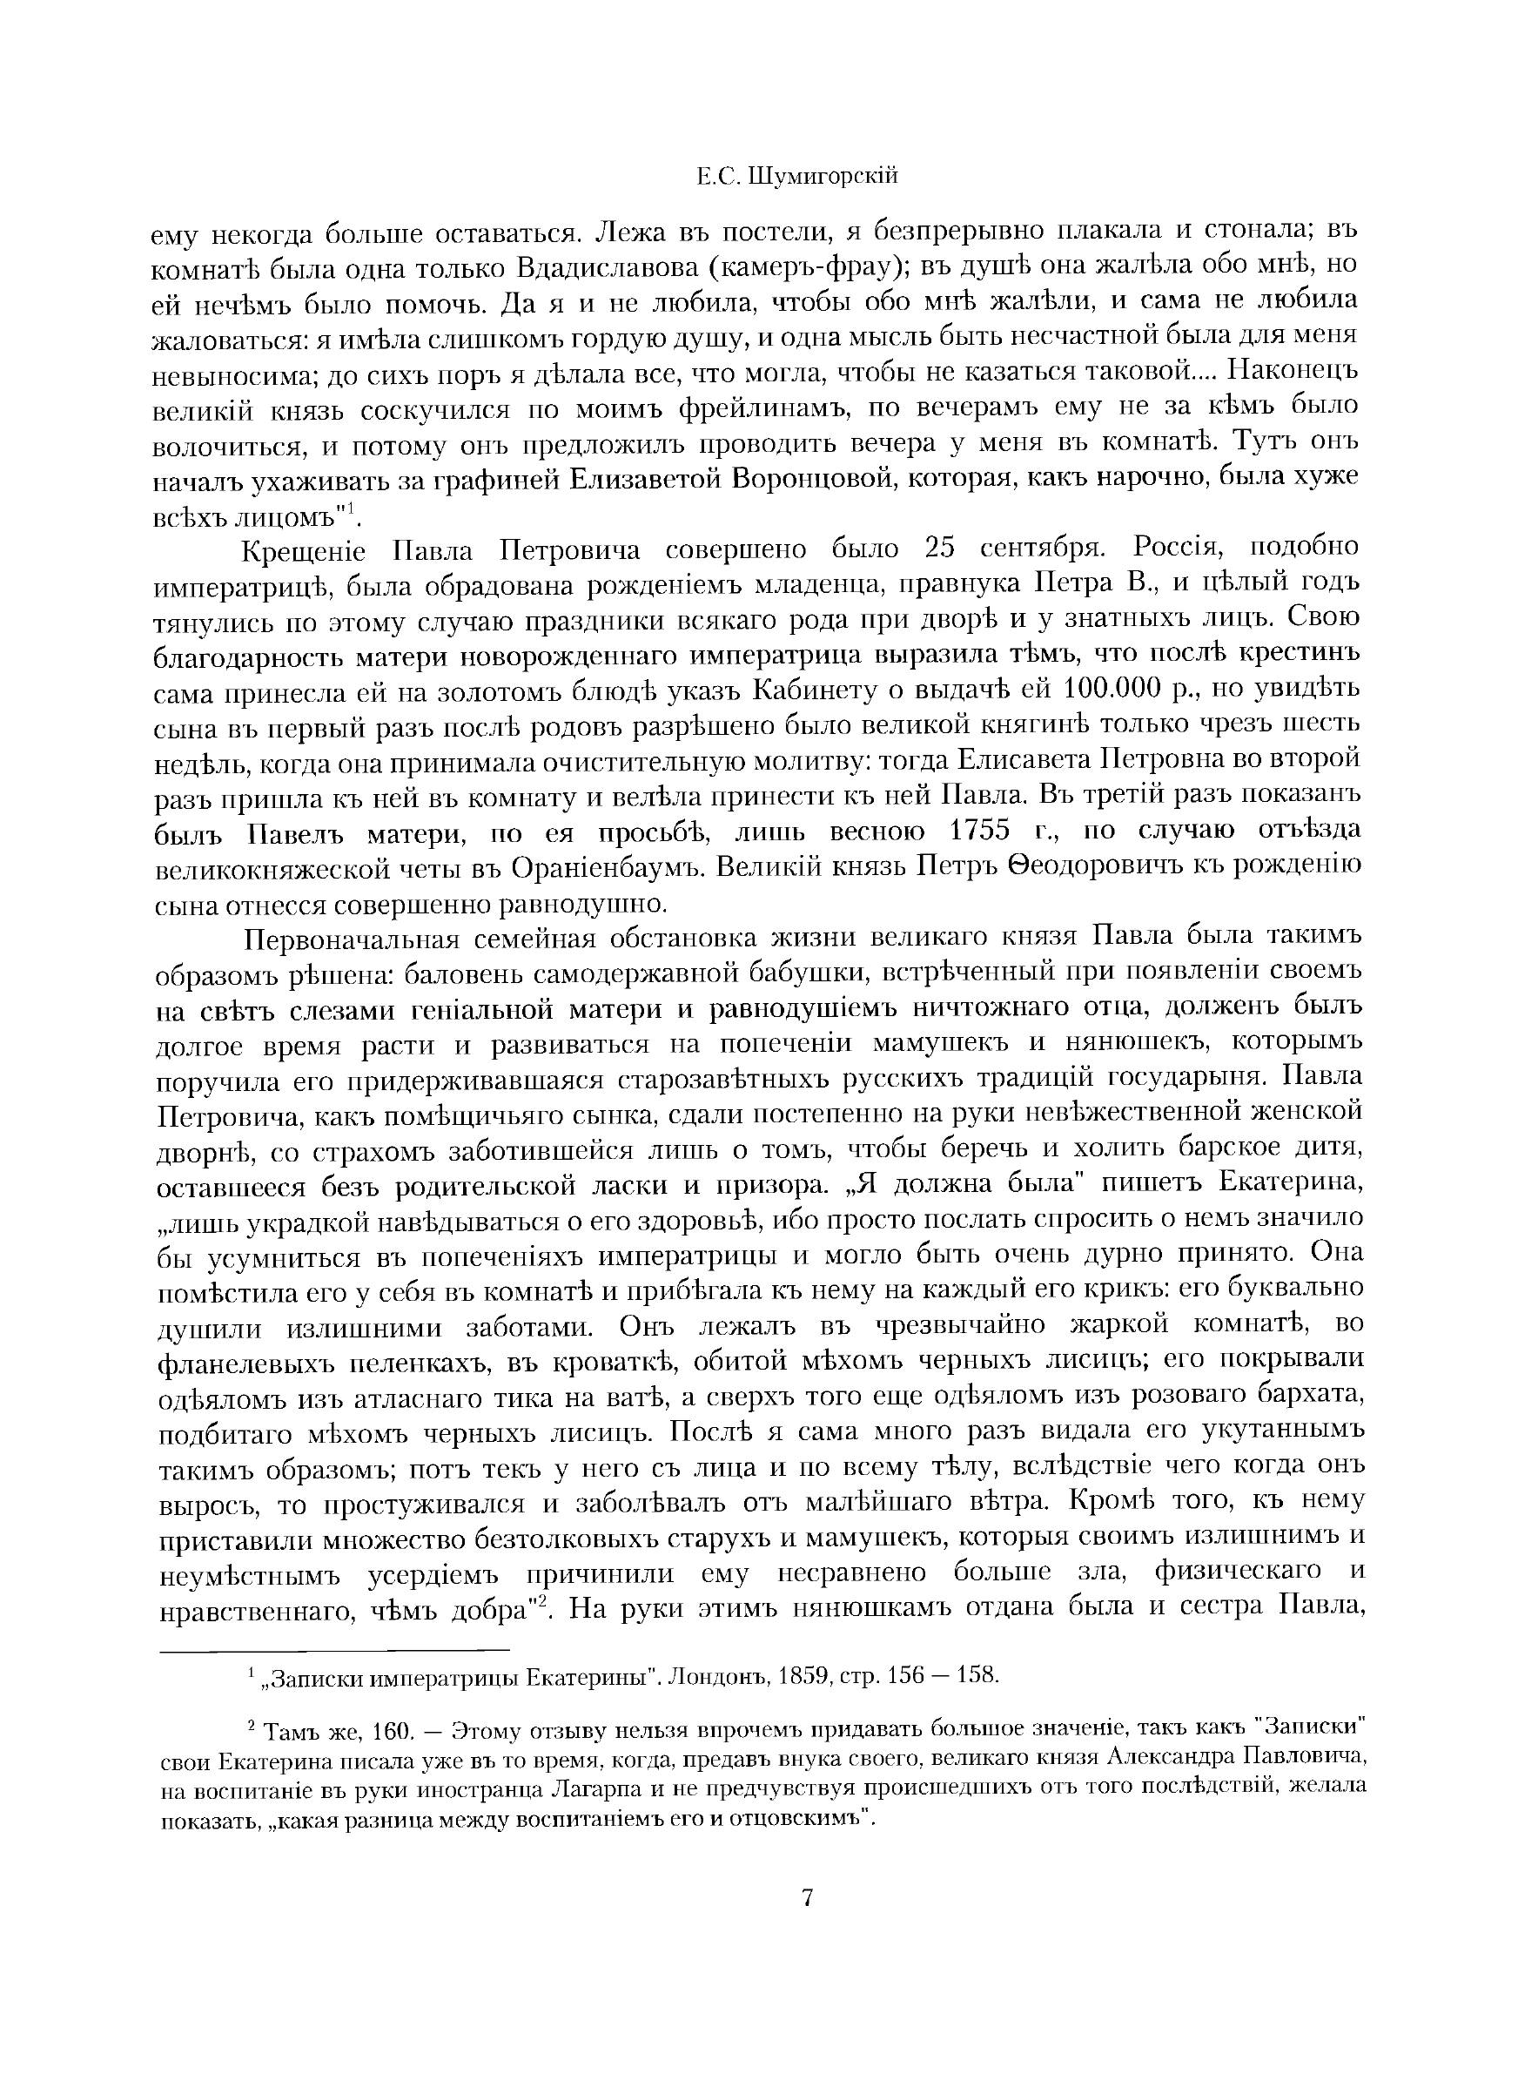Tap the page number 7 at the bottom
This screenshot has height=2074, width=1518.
tap(808, 1896)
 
